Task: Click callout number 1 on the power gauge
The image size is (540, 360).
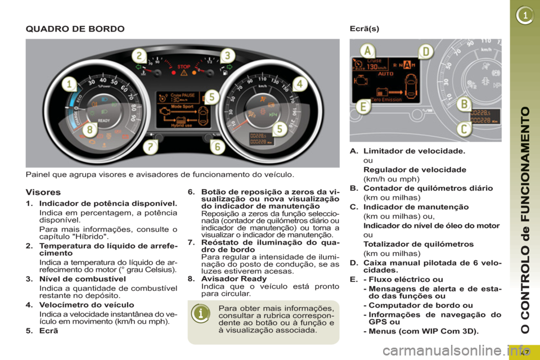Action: pos(69,85)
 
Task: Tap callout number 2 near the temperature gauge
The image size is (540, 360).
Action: pos(139,55)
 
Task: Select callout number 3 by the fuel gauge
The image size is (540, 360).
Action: pos(227,55)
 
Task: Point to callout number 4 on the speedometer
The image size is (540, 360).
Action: pos(300,84)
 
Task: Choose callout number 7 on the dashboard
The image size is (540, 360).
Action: pos(150,147)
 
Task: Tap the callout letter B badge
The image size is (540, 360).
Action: pos(464,104)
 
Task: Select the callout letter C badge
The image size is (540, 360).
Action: pos(464,129)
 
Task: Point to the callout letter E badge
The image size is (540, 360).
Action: pos(364,106)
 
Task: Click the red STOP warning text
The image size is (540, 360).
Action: pos(183,66)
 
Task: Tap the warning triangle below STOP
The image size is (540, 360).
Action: pos(183,73)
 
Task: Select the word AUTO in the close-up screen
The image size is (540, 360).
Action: pos(387,74)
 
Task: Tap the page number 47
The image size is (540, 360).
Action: pos(525,352)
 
